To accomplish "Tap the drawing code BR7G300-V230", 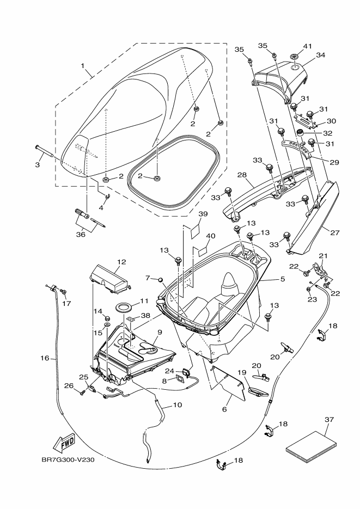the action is tap(68, 459).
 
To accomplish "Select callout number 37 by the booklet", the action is tap(329, 420).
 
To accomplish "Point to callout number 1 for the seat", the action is tap(82, 66).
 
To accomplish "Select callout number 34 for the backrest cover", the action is tap(320, 55).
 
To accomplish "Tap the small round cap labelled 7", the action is tap(160, 279).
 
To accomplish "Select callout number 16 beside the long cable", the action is tap(45, 358).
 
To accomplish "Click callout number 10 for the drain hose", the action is tap(178, 405).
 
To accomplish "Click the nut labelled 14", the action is tap(106, 317).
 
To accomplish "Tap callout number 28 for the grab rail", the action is tap(242, 175).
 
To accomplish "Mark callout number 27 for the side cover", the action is tap(335, 233).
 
